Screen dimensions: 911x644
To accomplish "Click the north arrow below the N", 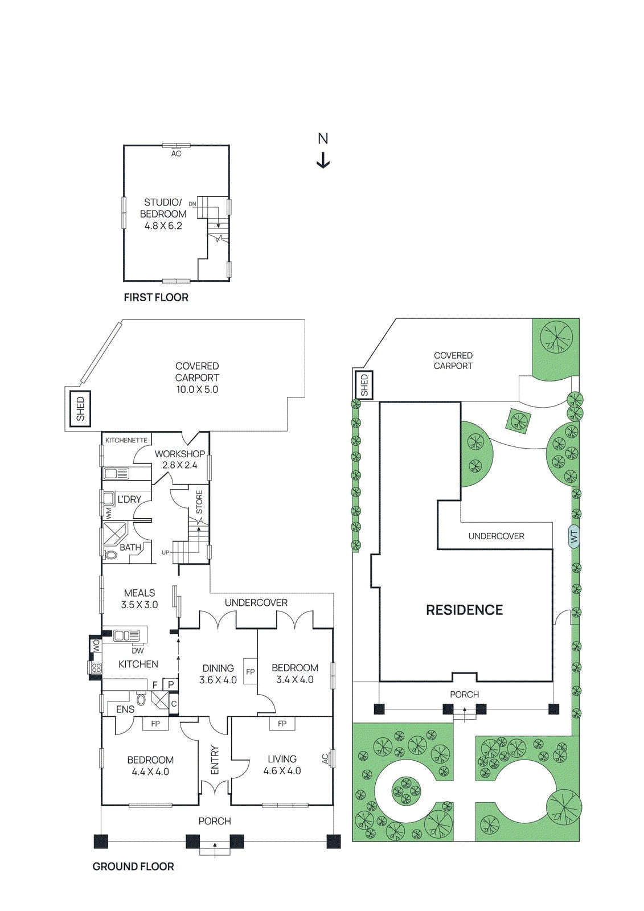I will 323,161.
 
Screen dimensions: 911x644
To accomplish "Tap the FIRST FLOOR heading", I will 156,297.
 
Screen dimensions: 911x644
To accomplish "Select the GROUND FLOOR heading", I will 133,867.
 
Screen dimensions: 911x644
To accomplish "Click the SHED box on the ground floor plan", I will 80,409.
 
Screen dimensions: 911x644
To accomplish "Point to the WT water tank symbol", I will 574,536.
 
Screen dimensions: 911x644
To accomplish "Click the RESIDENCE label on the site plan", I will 464,610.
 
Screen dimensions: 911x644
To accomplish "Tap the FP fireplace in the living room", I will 282,724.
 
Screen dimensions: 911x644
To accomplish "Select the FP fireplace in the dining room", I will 250,672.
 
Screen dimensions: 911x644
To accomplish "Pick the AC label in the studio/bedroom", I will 177,154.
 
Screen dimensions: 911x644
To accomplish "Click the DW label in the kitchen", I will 138,650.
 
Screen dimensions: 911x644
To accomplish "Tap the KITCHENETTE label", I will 126,440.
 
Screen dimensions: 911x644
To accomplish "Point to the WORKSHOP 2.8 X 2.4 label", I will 180,459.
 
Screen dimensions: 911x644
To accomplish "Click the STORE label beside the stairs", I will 199,502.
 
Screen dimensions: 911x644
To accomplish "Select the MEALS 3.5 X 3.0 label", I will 140,599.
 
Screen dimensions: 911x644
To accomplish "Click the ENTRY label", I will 215,760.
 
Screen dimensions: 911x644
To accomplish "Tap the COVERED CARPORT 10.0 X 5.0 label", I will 197,377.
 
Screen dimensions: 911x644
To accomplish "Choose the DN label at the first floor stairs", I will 192,204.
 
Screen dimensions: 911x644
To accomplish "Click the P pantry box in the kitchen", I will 171,684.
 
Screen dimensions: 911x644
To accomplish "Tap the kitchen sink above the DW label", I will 126,635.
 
